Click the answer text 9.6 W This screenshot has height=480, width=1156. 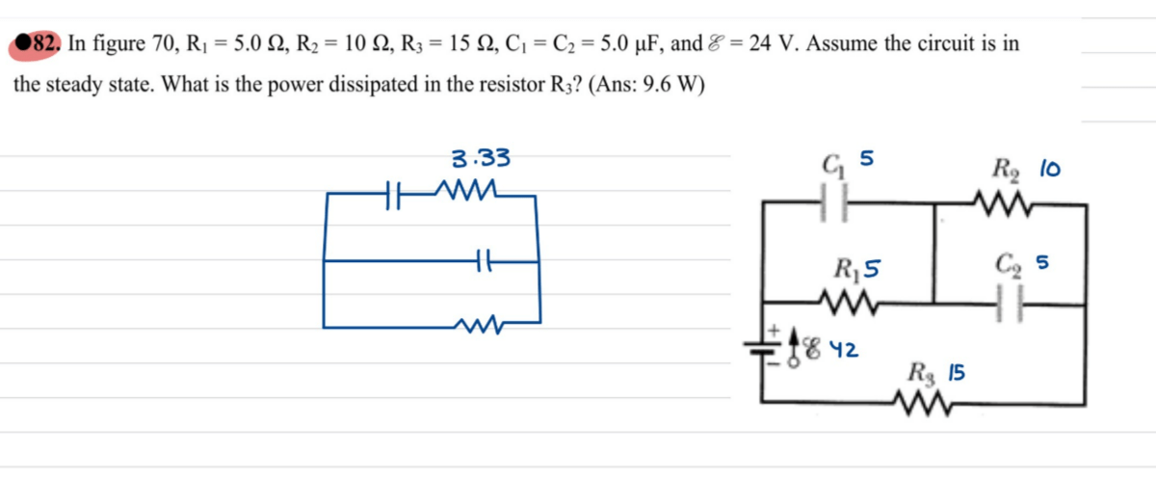(x=664, y=83)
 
